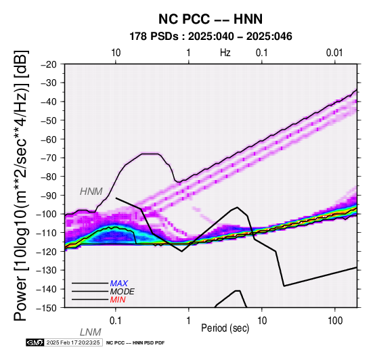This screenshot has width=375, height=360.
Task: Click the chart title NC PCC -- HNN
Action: pyautogui.click(x=211, y=19)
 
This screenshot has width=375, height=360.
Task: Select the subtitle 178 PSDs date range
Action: pyautogui.click(x=211, y=37)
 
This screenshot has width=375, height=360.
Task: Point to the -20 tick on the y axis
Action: pyautogui.click(x=49, y=64)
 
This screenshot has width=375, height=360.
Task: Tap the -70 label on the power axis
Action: pyautogui.click(x=49, y=158)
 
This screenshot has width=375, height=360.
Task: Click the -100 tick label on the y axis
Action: pyautogui.click(x=47, y=214)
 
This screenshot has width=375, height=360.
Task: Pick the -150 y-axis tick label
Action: pyautogui.click(x=47, y=308)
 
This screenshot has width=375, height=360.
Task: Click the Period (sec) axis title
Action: pyautogui.click(x=225, y=328)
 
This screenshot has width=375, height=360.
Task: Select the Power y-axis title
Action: pyautogui.click(x=21, y=185)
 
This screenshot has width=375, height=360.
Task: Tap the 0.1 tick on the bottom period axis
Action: pyautogui.click(x=116, y=321)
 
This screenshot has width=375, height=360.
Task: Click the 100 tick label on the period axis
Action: pyautogui.click(x=335, y=321)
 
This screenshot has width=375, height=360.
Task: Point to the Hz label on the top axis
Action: pyautogui.click(x=225, y=53)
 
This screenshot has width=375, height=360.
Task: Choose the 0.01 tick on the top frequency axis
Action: pyautogui.click(x=334, y=53)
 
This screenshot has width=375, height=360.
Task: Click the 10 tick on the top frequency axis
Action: pyautogui.click(x=116, y=53)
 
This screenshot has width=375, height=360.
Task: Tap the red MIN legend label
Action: pyautogui.click(x=118, y=300)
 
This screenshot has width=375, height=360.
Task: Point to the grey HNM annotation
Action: pyautogui.click(x=91, y=192)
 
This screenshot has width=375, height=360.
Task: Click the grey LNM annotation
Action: pyautogui.click(x=91, y=332)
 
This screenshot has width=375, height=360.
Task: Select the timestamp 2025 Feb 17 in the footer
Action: pyautogui.click(x=73, y=342)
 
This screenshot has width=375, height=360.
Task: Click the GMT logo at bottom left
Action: pyautogui.click(x=35, y=342)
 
